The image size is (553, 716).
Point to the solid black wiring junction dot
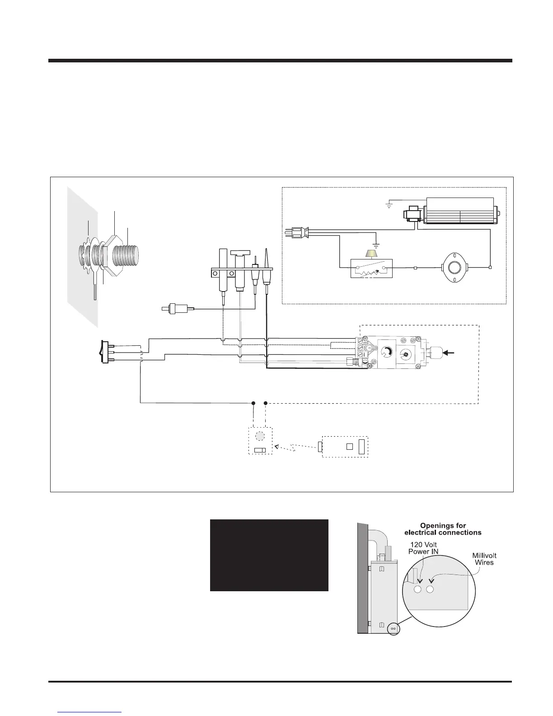point(253,403)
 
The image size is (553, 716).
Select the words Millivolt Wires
point(483,559)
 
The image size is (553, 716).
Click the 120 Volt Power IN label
point(421,548)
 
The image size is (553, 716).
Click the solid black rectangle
point(269,555)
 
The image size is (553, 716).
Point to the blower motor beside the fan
point(413,215)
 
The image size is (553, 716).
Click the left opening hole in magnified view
point(417,589)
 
